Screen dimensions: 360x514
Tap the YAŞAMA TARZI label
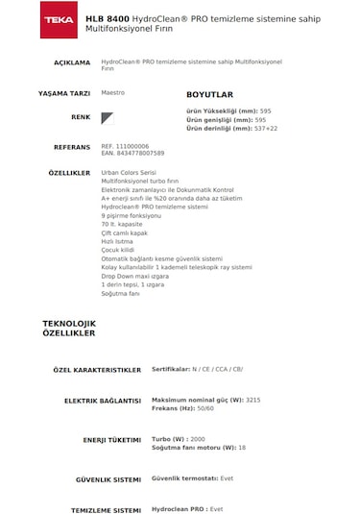63,95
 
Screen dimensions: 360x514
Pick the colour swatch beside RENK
108,117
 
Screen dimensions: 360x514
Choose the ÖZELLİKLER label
69,173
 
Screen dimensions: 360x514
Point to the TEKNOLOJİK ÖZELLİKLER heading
69,327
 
